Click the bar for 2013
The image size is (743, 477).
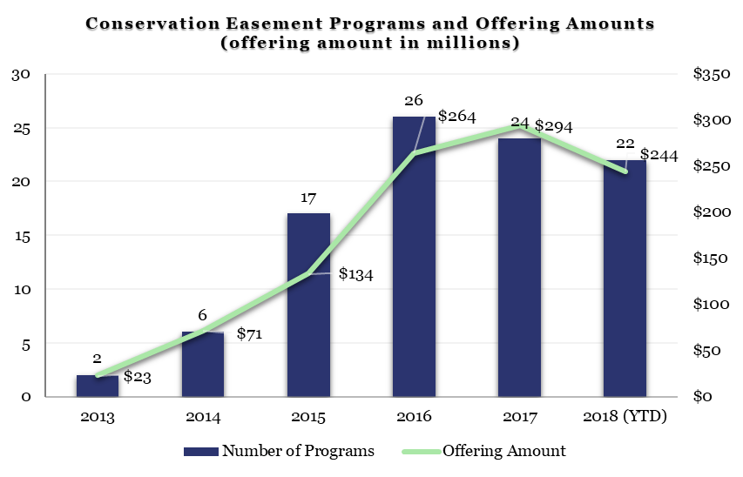click(x=98, y=386)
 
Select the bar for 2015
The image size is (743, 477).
click(x=308, y=305)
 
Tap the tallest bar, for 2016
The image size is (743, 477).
click(x=414, y=257)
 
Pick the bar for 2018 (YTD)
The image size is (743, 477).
click(x=625, y=279)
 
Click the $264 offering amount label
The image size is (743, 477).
click(x=456, y=116)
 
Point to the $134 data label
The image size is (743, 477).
click(x=355, y=274)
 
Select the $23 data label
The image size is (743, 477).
click(x=138, y=377)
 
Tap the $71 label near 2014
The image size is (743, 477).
click(x=249, y=333)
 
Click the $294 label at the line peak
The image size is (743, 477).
click(x=554, y=126)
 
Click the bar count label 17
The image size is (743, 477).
click(x=307, y=198)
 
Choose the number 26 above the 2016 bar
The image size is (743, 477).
click(x=413, y=101)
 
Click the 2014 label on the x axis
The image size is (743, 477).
click(x=203, y=417)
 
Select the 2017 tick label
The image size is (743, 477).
click(x=519, y=417)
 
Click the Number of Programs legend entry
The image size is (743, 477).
click(x=279, y=451)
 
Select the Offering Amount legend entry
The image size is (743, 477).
click(x=483, y=451)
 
